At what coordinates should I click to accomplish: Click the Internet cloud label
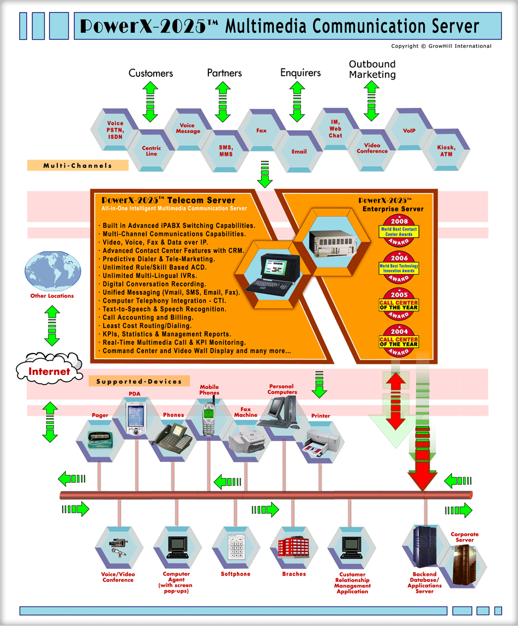(50, 372)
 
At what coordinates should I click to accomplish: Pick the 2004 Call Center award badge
(399, 341)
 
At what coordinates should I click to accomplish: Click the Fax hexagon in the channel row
(262, 131)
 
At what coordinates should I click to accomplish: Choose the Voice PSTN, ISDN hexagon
(115, 130)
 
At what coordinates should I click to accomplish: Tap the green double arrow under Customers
(150, 102)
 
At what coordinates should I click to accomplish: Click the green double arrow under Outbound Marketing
(371, 101)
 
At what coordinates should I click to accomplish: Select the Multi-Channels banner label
(77, 166)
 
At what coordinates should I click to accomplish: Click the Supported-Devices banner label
(139, 381)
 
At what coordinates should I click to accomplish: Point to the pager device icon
(100, 437)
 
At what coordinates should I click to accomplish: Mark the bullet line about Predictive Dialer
(159, 259)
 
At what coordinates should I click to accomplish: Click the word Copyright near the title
(405, 46)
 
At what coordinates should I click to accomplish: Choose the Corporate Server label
(465, 538)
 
